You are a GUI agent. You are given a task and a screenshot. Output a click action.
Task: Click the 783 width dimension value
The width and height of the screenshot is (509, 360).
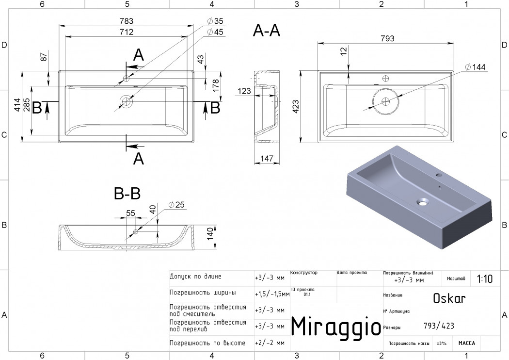(x=127, y=21)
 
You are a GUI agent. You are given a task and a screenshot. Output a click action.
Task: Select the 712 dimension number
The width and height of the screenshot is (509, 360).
(x=127, y=32)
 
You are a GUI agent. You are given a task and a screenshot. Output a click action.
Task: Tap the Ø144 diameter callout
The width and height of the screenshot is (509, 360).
(x=475, y=67)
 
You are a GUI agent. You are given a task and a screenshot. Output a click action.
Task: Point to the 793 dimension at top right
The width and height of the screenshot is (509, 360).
(x=387, y=38)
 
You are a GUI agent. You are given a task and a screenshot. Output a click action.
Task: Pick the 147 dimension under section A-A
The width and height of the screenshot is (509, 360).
(x=266, y=158)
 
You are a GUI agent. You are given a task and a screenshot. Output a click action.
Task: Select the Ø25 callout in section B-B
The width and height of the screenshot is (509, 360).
(x=177, y=205)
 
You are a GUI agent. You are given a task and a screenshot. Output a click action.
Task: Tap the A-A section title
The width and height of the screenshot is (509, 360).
(x=266, y=31)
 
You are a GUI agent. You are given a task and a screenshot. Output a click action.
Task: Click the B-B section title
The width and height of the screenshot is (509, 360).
(x=127, y=194)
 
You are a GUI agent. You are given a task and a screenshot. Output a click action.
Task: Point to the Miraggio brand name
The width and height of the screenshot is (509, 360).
(x=335, y=327)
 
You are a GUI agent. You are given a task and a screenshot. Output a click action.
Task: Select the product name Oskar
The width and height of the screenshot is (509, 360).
(x=449, y=298)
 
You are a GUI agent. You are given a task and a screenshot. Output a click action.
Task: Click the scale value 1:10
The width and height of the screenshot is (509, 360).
(x=484, y=279)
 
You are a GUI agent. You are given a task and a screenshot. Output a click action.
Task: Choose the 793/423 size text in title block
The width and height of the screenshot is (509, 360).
(x=438, y=326)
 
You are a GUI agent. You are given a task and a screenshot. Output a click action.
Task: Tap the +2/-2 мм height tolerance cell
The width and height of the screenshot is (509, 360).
(x=270, y=343)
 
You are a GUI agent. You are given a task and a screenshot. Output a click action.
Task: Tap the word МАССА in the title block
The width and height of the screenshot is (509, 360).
(x=467, y=343)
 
